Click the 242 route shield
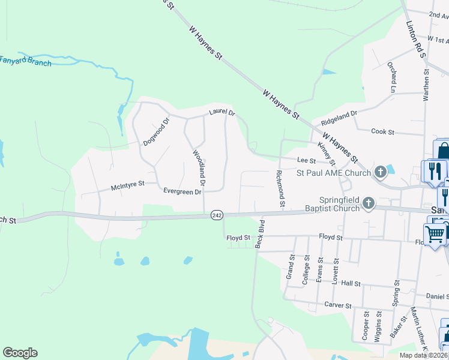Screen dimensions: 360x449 click(x=217, y=214)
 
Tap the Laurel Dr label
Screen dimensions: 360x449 click(x=221, y=112)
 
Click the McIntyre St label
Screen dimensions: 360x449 click(x=128, y=187)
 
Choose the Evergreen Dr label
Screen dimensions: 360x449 click(x=182, y=191)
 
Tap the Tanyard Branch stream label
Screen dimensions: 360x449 click(x=25, y=60)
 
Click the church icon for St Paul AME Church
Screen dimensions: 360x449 click(x=380, y=173)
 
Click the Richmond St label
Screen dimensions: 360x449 click(x=280, y=188)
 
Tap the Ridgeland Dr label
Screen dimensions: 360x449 click(x=339, y=113)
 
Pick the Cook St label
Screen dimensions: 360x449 click(x=382, y=131)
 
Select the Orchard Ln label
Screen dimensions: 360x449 click(x=393, y=76)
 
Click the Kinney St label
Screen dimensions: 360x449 click(x=327, y=152)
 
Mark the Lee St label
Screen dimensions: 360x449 click(x=307, y=160)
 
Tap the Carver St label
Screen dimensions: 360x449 click(x=337, y=305)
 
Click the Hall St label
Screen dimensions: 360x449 click(x=349, y=283)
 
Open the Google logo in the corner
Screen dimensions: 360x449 click(x=20, y=353)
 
